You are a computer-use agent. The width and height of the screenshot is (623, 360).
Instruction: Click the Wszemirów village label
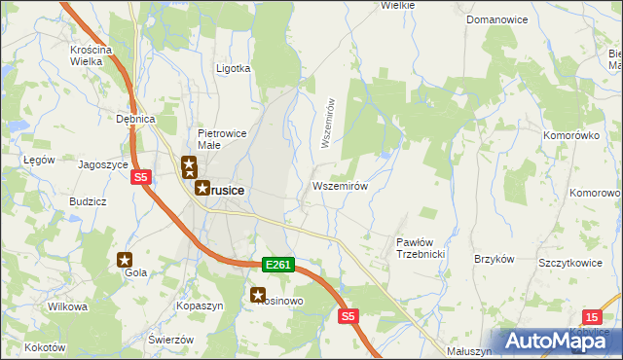click(340, 186)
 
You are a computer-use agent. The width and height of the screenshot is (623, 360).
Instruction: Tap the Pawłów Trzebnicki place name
click(421, 247)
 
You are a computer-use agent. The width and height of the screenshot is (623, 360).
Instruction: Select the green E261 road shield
click(277, 264)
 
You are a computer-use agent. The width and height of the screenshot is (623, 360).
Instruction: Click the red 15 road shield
click(593, 316)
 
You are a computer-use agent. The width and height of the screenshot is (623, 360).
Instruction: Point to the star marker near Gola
click(125, 260)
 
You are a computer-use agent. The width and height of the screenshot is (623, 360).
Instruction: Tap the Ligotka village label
click(233, 69)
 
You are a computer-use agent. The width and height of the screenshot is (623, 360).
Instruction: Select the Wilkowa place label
click(68, 306)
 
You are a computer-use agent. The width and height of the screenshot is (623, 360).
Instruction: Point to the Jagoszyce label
click(103, 165)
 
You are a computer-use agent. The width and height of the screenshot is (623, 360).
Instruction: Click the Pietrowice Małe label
click(224, 139)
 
